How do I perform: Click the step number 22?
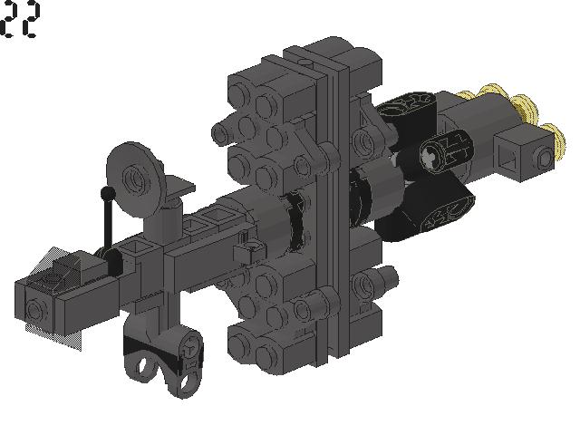19,19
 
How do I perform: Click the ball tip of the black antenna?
107,192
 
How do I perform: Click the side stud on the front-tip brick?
35,309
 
